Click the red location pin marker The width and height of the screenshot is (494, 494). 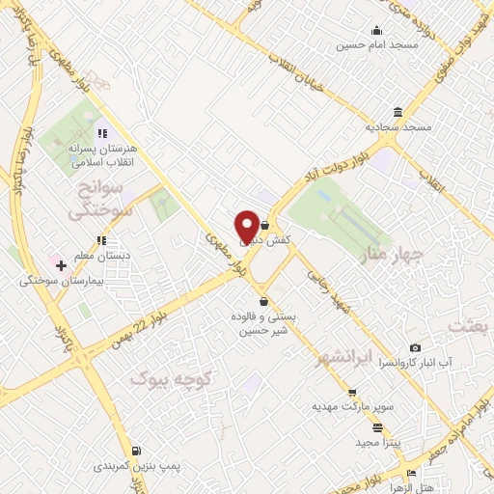(247, 226)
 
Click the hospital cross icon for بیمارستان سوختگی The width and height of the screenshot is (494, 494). (61, 265)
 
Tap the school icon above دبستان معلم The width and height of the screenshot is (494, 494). (100, 240)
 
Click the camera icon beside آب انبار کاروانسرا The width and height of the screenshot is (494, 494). (415, 347)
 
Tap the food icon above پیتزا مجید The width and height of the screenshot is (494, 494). (377, 427)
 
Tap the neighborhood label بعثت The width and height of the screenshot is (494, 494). (476, 327)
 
